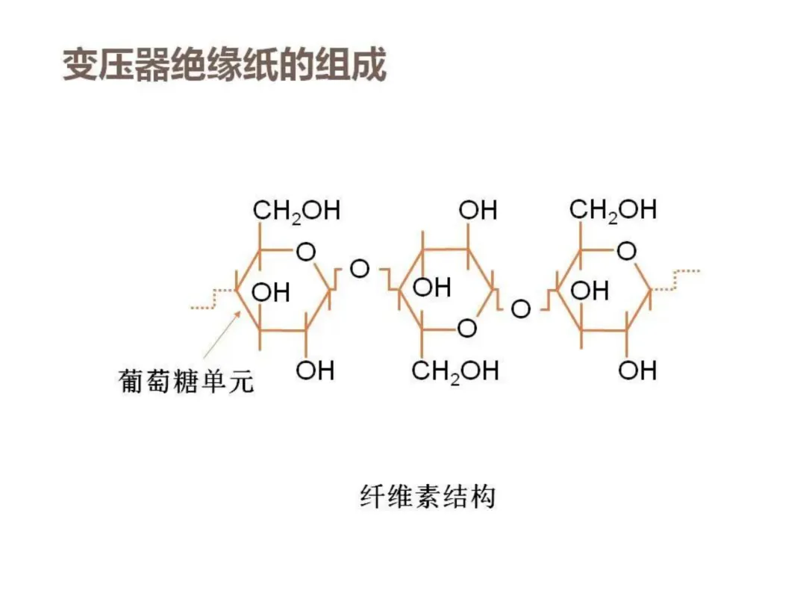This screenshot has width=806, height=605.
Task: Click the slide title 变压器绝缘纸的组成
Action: coord(224,66)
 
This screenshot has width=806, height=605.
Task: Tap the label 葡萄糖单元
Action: coord(186,382)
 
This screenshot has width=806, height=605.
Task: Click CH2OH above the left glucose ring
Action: coord(296,211)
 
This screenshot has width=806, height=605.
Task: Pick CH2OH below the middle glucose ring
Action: coord(454,370)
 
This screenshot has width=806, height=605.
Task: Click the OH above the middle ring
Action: coord(478,211)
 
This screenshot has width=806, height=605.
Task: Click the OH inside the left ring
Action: coord(270,291)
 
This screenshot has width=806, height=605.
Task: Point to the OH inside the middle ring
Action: coord(431,287)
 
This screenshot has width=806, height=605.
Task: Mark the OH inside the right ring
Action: coord(590,290)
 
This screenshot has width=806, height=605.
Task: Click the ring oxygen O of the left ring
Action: coord(306,252)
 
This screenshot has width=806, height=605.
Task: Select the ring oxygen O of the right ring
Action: coord(627,252)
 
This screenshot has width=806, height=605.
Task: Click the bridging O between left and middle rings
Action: coord(360,268)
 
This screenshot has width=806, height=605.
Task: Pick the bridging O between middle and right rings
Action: coord(520,308)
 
